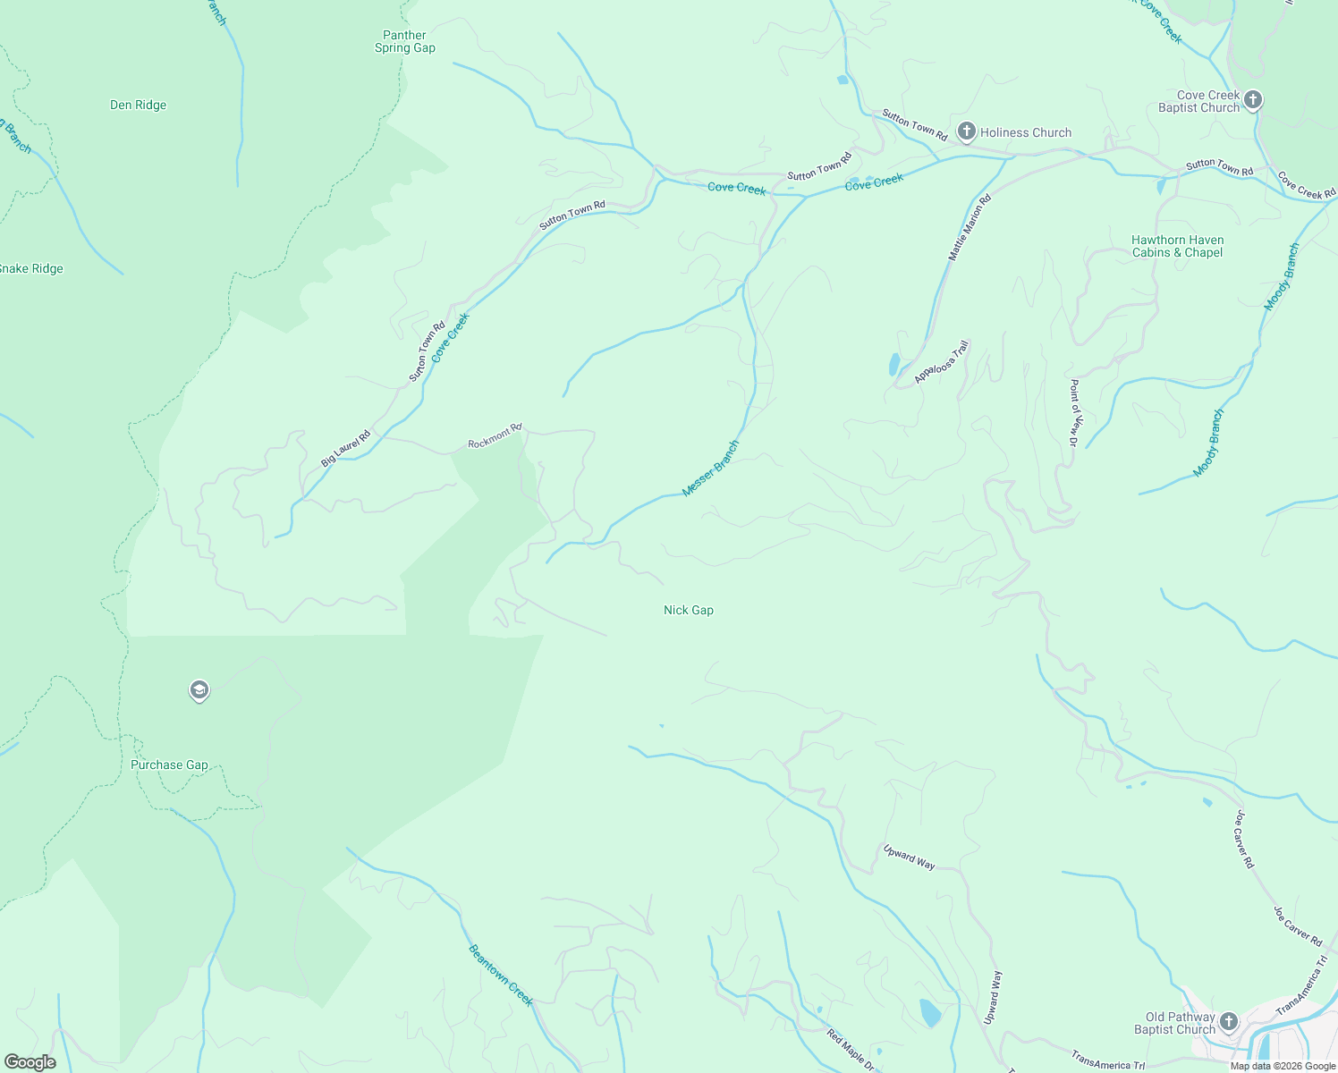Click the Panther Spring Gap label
coord(405,42)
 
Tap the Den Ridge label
coord(138,105)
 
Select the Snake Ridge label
coord(31,268)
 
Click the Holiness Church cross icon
coord(966,131)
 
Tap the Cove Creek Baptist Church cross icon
coord(1252,99)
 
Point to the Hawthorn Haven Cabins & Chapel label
coord(1177,246)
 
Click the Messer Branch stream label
coord(711,468)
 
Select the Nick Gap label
coord(689,610)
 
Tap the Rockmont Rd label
coord(495,436)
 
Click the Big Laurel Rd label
coord(345,448)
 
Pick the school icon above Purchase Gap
coord(199,690)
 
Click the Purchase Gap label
coord(169,765)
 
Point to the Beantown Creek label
coord(501,975)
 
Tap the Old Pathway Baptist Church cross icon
coord(1229,1021)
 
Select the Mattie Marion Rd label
coord(970,228)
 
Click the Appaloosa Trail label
coord(942,362)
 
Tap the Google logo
coord(30,1062)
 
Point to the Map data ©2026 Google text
coord(1283,1066)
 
